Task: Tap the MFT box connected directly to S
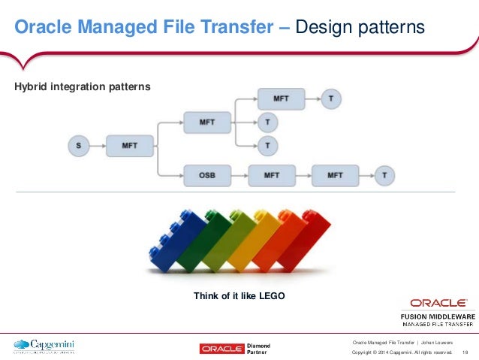click(130, 145)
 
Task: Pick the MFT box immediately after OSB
click(271, 176)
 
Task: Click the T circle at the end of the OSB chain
click(384, 176)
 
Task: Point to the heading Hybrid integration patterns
click(83, 87)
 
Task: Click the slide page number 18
click(465, 352)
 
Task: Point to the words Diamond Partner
click(258, 348)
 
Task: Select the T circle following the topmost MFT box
click(331, 98)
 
